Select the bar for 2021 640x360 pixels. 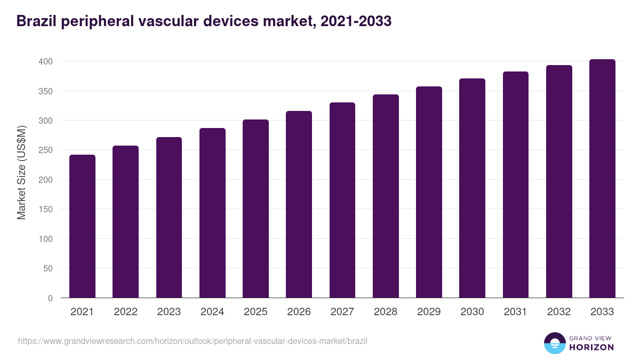pyautogui.click(x=82, y=226)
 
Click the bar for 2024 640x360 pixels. pyautogui.click(x=212, y=213)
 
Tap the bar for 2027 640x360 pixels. pyautogui.click(x=342, y=200)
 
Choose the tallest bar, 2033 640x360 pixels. pyautogui.click(x=602, y=178)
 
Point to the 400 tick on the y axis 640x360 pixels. pyautogui.click(x=46, y=62)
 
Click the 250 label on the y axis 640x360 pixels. pyautogui.click(x=46, y=150)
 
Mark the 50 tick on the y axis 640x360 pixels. pyautogui.click(x=48, y=269)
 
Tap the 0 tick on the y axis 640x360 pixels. pyautogui.click(x=50, y=298)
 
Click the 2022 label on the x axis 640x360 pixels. pyautogui.click(x=125, y=312)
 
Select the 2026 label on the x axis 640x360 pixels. pyautogui.click(x=299, y=312)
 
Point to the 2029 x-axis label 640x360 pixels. pyautogui.click(x=429, y=312)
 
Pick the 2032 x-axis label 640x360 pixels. pyautogui.click(x=559, y=312)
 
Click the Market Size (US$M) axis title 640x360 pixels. pyautogui.click(x=21, y=172)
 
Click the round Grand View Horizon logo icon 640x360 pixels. pyautogui.click(x=555, y=343)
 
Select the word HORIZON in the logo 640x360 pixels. pyautogui.click(x=591, y=347)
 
